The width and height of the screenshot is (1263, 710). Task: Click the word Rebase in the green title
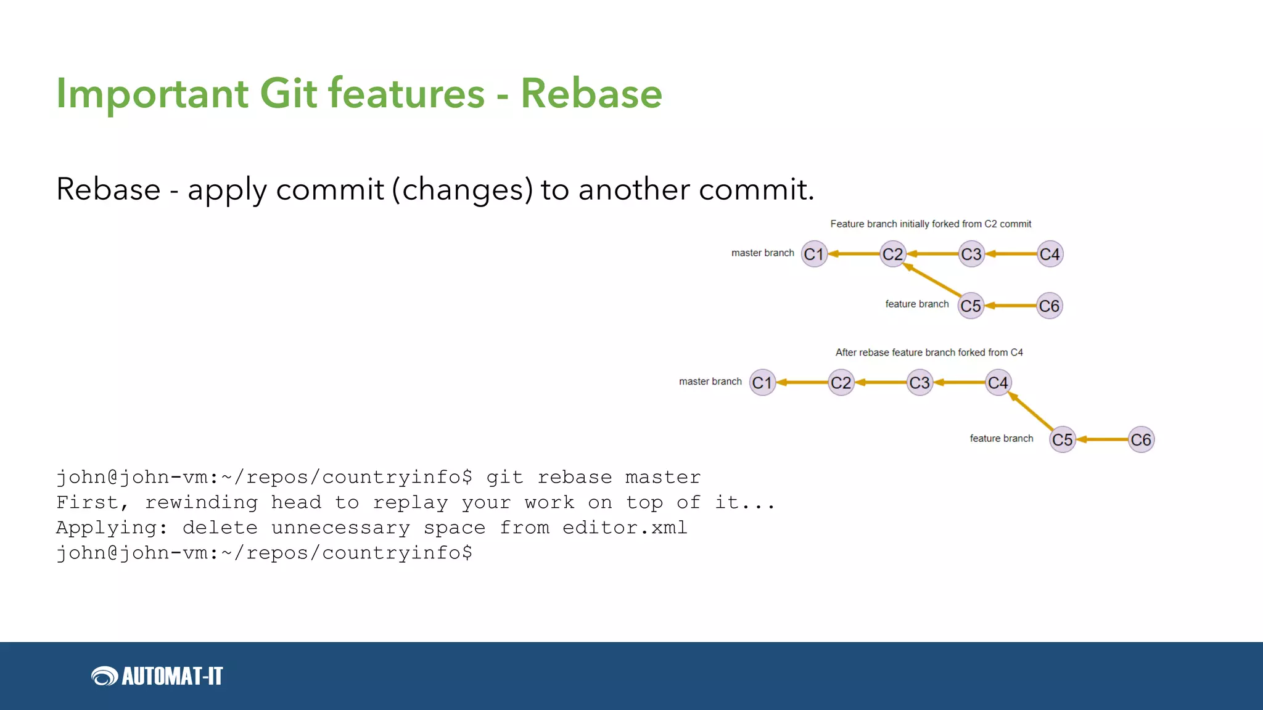[x=591, y=94]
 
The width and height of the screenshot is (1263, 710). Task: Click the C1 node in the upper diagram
[x=814, y=254]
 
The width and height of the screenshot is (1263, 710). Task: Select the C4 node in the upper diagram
[x=1050, y=254]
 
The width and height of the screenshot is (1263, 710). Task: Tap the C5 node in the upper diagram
[x=971, y=306]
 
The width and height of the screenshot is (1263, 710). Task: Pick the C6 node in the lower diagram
[x=1141, y=439]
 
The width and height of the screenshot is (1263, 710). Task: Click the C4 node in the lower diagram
[x=998, y=383]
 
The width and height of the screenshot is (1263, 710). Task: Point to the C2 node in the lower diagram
[x=841, y=383]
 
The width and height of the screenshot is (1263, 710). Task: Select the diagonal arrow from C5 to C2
[x=932, y=280]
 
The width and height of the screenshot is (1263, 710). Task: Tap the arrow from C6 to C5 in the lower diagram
[x=1102, y=439]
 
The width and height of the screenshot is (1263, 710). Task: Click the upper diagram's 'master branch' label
[x=762, y=253]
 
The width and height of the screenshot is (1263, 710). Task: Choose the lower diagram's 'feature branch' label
[x=1001, y=438]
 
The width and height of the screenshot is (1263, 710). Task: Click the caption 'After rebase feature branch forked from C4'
[x=929, y=353]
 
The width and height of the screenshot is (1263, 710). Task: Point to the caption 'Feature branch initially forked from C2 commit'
[x=930, y=224]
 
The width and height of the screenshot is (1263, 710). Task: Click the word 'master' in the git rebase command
[x=662, y=477]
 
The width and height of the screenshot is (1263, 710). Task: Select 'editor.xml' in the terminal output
[x=624, y=528]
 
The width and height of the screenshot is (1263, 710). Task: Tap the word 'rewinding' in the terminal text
[x=201, y=502]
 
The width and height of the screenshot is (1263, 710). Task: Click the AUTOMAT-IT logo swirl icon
[x=104, y=676]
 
